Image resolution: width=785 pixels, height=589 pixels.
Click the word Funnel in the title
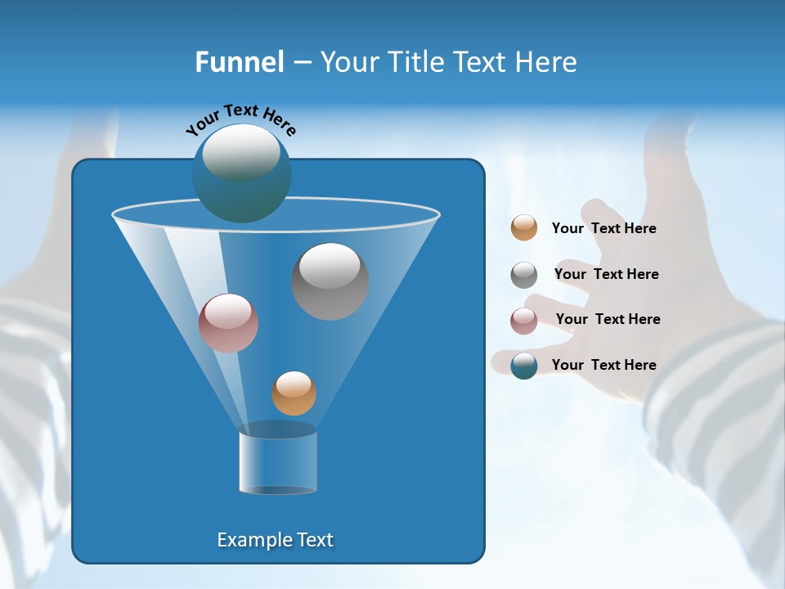(240, 62)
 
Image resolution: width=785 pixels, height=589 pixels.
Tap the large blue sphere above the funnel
(241, 173)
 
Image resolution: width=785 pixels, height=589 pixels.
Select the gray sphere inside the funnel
(330, 281)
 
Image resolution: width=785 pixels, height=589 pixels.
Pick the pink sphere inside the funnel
(228, 323)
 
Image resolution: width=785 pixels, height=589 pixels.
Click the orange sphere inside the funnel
(294, 393)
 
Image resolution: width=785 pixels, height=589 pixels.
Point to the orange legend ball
(524, 228)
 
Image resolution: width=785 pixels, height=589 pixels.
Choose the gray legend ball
(524, 275)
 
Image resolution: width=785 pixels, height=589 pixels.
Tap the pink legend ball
(524, 320)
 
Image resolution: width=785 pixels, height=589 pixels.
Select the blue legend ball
(524, 365)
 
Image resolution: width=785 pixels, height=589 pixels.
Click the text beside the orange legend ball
(603, 229)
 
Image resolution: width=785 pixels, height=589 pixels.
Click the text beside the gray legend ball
(606, 274)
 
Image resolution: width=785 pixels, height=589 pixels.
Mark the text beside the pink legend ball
(608, 319)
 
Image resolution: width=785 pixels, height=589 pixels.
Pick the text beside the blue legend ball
(603, 365)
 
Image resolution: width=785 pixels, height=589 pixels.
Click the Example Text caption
(275, 540)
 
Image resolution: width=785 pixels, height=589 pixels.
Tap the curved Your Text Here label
(241, 119)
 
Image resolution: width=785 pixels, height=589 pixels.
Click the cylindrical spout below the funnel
(278, 463)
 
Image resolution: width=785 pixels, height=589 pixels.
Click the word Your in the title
(346, 62)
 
